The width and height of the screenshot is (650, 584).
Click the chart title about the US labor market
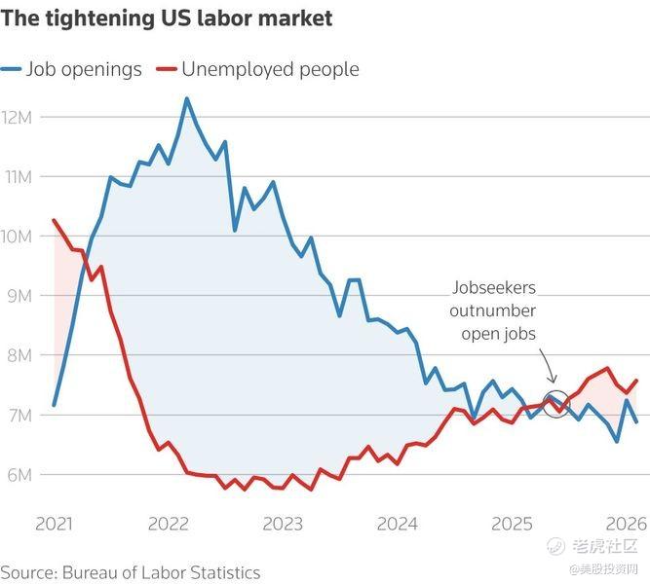(x=167, y=18)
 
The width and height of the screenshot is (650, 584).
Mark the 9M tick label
(x=19, y=296)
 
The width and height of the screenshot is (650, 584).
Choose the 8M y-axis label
(x=19, y=355)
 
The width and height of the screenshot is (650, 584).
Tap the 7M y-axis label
(x=19, y=415)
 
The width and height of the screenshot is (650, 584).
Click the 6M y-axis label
(x=19, y=474)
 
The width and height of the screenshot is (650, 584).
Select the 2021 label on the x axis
(x=54, y=525)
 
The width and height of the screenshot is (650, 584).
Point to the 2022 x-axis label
(x=169, y=525)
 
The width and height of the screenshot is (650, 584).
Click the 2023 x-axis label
(x=283, y=525)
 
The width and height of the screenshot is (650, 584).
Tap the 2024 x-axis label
(x=398, y=525)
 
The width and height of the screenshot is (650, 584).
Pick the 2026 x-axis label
(x=625, y=525)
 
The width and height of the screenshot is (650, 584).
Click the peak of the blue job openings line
(x=186, y=98)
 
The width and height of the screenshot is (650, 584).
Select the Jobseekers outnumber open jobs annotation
(x=493, y=311)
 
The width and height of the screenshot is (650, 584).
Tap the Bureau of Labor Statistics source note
(x=131, y=571)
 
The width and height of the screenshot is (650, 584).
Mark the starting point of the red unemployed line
(x=55, y=220)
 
